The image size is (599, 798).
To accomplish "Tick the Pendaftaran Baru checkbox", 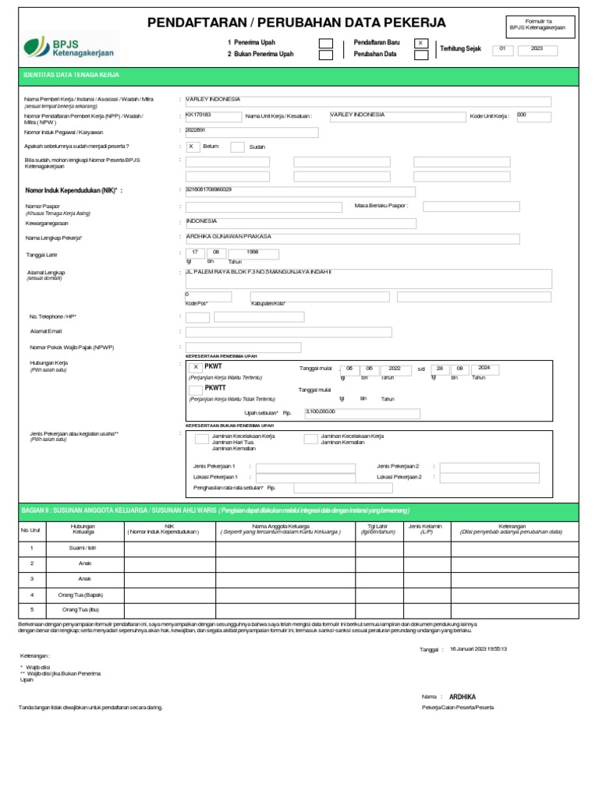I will coord(420,43).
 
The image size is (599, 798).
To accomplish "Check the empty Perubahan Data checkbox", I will coord(420,55).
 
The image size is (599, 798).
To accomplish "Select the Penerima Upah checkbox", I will coord(326,43).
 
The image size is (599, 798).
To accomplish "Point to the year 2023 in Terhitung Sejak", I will coord(537,48).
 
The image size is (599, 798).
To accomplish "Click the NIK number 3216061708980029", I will coord(209,189).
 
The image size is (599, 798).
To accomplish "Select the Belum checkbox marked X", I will coord(191,146).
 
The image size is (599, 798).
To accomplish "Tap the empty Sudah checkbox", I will coord(238,147).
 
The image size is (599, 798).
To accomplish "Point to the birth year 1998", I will coord(252,252).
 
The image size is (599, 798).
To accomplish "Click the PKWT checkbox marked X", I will coord(196,367).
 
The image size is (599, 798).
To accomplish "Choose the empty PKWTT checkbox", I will coord(196,390).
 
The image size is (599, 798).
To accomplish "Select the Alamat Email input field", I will coord(288,332).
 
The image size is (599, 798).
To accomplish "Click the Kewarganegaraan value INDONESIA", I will coord(202,221).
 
